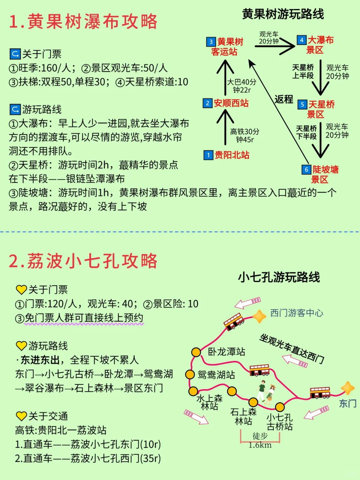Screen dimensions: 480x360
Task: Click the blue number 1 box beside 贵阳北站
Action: (x=208, y=155)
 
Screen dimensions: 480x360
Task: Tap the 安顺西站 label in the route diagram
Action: (x=231, y=103)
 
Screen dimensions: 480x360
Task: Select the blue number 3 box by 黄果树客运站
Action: (x=211, y=42)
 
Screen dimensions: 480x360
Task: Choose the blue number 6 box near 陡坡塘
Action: (x=306, y=170)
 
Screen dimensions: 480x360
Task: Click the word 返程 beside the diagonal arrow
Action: (x=284, y=99)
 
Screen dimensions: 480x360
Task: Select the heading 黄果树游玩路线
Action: (x=283, y=14)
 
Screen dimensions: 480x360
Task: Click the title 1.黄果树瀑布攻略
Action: (x=83, y=22)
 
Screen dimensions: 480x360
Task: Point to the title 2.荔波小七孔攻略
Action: (x=83, y=261)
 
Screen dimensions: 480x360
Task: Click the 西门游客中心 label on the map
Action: (x=296, y=313)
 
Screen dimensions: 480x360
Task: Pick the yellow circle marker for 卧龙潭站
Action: (x=196, y=352)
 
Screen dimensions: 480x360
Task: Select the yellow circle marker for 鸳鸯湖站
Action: (x=190, y=374)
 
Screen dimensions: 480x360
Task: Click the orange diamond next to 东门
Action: (x=348, y=388)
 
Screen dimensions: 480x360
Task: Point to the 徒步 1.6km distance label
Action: (x=260, y=440)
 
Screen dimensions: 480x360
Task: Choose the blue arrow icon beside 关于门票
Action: (x=15, y=54)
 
